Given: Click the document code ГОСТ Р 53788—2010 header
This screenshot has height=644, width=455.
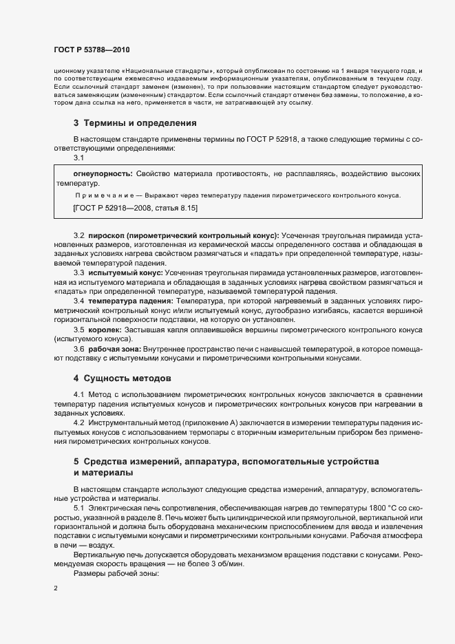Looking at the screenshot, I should click(x=91, y=50).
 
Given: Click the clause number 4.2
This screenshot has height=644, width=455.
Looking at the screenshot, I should click(x=79, y=422).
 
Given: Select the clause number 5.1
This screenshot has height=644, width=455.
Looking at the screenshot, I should click(x=79, y=507).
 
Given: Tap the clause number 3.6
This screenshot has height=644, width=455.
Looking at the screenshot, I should click(x=79, y=349).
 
